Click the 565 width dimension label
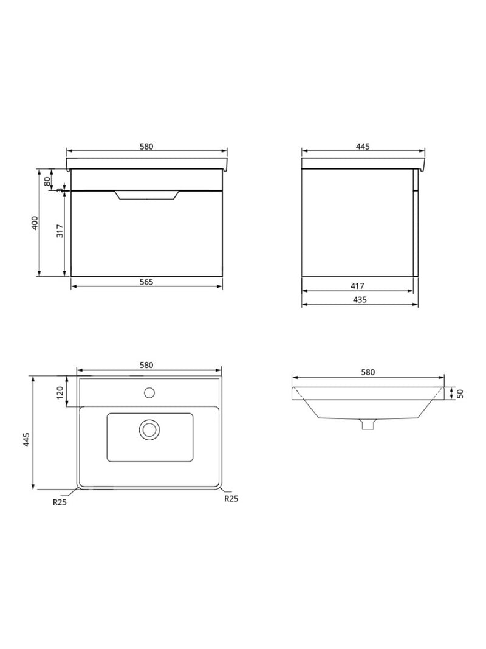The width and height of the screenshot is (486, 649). click(146, 282)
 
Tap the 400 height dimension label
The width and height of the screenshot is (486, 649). click(35, 223)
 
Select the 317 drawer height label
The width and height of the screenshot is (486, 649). click(60, 232)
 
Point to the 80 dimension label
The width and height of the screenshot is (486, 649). click(46, 181)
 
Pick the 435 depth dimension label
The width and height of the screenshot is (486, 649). click(358, 300)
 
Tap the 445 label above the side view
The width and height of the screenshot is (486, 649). click(363, 147)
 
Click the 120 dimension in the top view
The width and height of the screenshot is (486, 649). click(60, 392)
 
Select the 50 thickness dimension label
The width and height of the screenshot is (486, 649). click(460, 393)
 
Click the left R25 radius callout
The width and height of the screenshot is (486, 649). click(60, 502)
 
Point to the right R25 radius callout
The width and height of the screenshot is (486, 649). click(231, 499)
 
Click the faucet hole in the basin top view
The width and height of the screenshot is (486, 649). click(149, 392)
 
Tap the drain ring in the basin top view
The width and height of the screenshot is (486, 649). click(149, 429)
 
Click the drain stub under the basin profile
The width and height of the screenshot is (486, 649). click(366, 425)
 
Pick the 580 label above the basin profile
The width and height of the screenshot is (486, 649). click(368, 372)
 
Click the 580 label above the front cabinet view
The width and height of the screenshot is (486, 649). click(146, 147)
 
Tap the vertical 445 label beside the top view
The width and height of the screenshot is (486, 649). click(26, 440)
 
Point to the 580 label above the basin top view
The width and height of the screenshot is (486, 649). click(146, 365)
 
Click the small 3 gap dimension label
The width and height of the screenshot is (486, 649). click(60, 190)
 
